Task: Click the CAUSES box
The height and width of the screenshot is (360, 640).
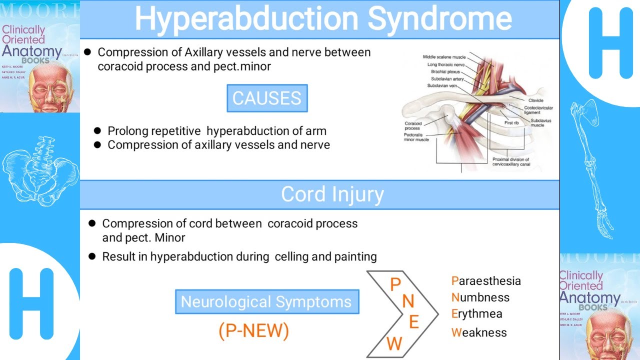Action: (x=267, y=98)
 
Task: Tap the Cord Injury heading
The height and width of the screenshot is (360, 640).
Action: (x=332, y=194)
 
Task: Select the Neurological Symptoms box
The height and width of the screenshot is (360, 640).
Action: (x=266, y=302)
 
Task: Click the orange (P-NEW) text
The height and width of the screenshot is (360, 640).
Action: (x=253, y=331)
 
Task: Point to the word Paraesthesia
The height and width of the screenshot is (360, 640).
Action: (x=486, y=281)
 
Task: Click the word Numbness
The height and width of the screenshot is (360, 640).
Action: (x=480, y=297)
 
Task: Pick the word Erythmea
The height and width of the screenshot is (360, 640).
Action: (x=476, y=314)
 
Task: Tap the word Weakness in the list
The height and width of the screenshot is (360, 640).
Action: (x=479, y=332)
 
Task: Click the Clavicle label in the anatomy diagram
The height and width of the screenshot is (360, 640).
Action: (x=535, y=100)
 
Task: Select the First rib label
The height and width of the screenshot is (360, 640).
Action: (x=511, y=123)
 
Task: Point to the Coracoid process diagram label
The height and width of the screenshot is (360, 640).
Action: (x=413, y=125)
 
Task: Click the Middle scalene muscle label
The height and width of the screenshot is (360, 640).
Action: (x=444, y=57)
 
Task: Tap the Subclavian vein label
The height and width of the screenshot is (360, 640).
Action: (x=442, y=85)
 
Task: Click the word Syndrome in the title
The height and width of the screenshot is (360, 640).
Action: (x=440, y=19)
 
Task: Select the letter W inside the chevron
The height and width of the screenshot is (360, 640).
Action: (x=394, y=343)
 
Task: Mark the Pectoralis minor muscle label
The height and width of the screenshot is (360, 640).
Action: (x=416, y=137)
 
